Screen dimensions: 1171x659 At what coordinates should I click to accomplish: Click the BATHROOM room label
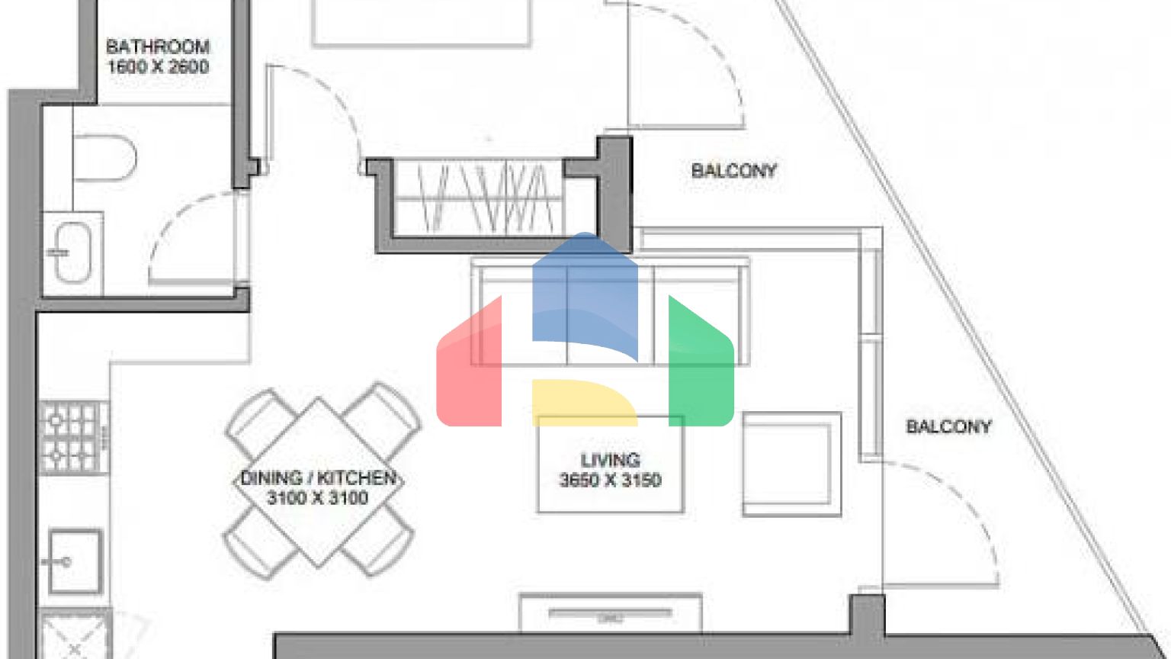158,47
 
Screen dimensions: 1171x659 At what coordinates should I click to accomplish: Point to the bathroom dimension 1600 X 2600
158,67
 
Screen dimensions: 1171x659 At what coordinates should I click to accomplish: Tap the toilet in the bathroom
104,157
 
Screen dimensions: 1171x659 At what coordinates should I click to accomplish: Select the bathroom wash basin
72,252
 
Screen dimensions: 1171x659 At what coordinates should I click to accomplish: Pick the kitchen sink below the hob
75,561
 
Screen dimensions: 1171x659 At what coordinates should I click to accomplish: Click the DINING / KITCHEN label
318,478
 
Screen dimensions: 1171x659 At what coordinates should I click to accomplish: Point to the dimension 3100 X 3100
318,498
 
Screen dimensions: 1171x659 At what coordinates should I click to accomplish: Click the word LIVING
610,460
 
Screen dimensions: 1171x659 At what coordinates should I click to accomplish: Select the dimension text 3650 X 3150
610,480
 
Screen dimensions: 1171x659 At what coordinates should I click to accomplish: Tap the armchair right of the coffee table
791,465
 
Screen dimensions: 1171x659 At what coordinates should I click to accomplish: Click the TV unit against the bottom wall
610,613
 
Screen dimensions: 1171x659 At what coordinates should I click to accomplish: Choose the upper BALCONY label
734,171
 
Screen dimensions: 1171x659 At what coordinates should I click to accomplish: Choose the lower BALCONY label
948,427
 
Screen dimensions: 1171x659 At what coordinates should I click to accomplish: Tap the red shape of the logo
469,366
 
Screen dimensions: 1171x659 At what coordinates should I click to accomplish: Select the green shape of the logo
701,366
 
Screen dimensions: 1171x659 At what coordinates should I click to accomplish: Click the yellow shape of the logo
585,402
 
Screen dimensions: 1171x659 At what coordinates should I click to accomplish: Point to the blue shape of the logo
585,293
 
